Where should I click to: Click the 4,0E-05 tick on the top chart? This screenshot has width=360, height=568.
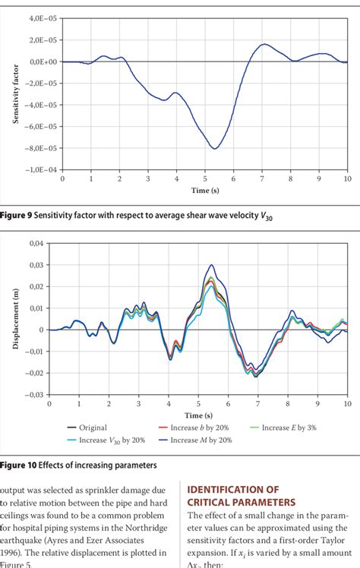(43, 17)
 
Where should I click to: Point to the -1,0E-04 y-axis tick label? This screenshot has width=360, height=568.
(42, 170)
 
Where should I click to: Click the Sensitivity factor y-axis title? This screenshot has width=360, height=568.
(16, 94)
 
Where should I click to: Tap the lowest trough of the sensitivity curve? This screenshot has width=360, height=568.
(215, 148)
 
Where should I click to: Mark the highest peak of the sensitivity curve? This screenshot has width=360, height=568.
(264, 44)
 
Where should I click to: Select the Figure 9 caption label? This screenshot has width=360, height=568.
(14, 216)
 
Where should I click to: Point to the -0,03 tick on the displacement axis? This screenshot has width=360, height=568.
(33, 395)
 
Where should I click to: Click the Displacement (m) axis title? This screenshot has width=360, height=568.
(16, 319)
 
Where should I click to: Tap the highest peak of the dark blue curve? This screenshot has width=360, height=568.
(211, 265)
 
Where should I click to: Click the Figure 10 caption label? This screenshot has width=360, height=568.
(17, 464)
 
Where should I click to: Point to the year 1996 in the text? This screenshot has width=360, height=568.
(13, 551)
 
